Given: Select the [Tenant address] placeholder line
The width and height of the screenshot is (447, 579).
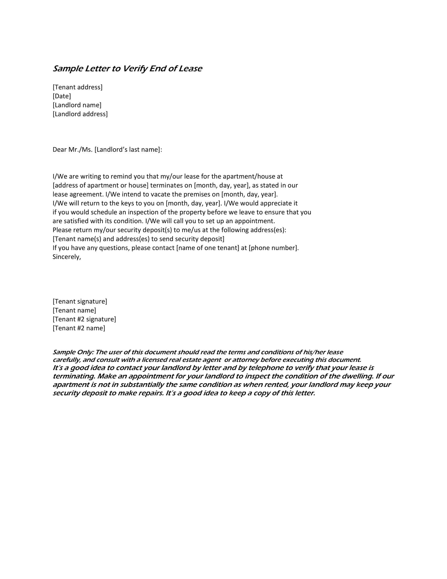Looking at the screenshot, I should [78, 87].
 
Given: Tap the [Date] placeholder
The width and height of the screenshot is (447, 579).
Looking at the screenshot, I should [62, 96].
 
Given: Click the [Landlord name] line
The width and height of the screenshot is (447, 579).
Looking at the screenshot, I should [77, 105].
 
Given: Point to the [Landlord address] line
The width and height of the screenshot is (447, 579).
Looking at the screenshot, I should [80, 114].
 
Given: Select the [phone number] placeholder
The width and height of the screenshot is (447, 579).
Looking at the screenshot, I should [273, 248].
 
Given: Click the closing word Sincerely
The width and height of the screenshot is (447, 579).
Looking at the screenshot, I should [67, 257].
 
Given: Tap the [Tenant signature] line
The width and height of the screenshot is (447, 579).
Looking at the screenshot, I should [80, 301].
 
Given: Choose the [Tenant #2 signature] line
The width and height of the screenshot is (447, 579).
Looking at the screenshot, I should [84, 319].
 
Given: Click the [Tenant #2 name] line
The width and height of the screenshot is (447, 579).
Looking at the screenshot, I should [79, 328].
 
